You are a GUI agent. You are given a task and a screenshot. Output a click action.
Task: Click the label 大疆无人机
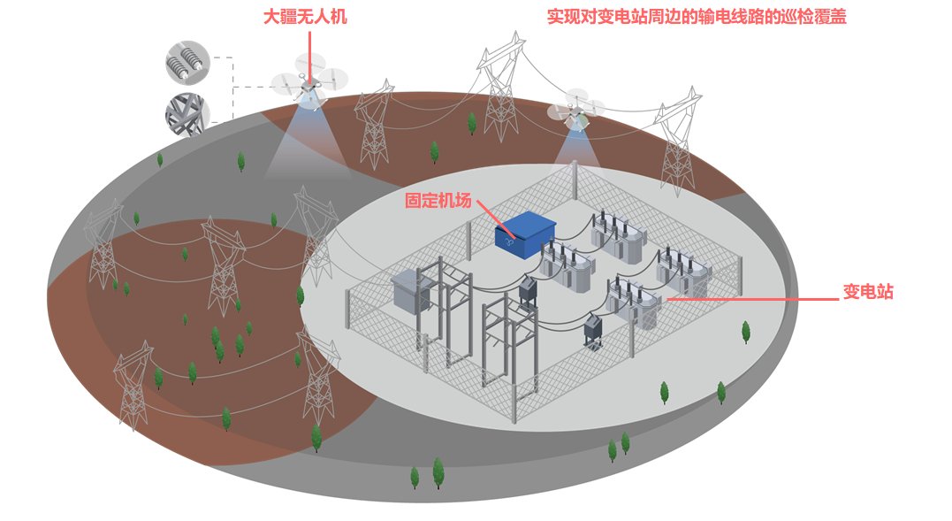pos(306,18)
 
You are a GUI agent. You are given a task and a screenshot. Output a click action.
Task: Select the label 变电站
pos(867,292)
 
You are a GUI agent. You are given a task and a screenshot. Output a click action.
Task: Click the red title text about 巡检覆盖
pos(697,17)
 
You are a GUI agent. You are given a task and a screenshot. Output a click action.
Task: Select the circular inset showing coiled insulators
pos(187,63)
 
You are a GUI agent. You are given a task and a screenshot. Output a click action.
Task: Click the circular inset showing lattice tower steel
pos(187,114)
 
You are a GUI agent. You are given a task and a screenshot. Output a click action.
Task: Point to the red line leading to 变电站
pos(751,299)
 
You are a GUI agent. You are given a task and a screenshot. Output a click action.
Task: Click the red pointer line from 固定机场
pos(492,213)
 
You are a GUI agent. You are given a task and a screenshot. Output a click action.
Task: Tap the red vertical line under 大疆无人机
pos(309,53)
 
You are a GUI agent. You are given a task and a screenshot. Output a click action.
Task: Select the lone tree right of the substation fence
pos(746,332)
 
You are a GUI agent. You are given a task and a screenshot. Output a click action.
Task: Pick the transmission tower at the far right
pos(678,142)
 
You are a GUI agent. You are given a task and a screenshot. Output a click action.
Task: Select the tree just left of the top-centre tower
pos(472,123)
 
